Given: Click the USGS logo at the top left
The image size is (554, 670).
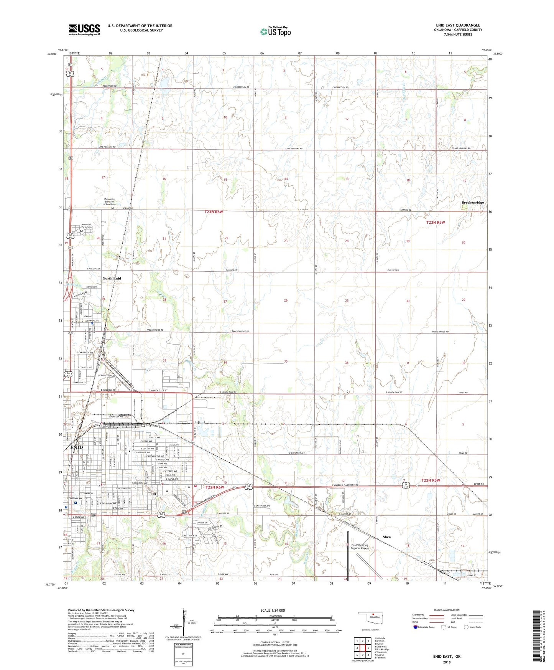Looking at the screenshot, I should tap(84, 30).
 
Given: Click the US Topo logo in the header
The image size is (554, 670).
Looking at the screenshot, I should tap(275, 31).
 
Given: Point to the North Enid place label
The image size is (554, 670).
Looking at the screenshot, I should tap(112, 278).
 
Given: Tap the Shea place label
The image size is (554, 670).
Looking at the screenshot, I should tap(386, 537).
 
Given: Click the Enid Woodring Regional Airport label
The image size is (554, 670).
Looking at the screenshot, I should tap(360, 547).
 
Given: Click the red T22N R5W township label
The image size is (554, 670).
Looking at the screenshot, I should tap(431, 480).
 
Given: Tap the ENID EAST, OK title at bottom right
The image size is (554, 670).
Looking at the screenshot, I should tap(447, 657).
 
